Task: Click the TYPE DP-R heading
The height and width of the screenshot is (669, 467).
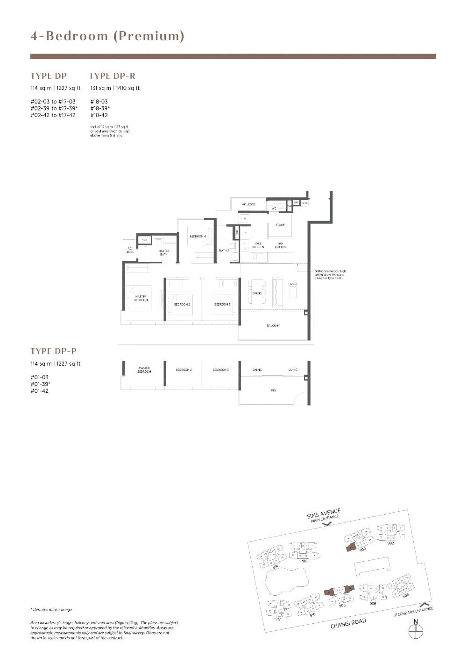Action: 112,76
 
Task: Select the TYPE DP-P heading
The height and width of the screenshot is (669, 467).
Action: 53,351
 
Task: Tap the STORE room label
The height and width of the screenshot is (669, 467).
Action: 280,225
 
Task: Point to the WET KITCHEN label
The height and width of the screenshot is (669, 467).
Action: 258,245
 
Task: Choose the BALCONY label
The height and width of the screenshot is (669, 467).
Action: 273,326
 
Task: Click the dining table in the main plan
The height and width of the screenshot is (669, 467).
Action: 257,292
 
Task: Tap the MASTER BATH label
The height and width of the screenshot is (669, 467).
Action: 163,252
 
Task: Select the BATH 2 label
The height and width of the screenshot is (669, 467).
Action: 224,251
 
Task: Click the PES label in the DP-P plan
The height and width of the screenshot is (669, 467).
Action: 274,390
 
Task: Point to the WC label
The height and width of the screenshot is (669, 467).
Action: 274,208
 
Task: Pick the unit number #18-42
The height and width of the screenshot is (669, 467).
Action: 99,115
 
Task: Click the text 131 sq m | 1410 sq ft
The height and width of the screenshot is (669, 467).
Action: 115,88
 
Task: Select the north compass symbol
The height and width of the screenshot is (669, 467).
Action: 415,630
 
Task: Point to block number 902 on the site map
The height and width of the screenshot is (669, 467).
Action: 390,543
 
